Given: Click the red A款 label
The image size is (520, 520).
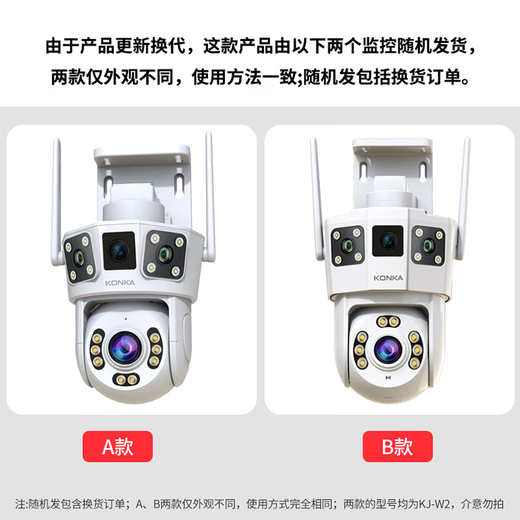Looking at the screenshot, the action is (x=117, y=446).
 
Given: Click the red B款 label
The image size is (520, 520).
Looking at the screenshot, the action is (x=398, y=446).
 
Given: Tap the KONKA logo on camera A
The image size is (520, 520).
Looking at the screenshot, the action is (x=120, y=283).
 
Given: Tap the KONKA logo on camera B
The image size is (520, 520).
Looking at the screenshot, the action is (x=388, y=278).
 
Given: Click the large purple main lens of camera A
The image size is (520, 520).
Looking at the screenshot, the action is (x=125, y=348).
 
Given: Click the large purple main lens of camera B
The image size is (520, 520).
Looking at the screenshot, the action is (x=388, y=350).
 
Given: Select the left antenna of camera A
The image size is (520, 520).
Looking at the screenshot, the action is (x=57, y=202).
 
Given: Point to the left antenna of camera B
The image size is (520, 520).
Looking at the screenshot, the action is (x=317, y=198).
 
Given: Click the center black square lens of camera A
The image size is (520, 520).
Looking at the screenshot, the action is (x=119, y=251).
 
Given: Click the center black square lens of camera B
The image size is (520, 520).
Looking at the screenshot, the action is (x=388, y=241).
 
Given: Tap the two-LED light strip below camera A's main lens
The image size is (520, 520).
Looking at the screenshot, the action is (x=126, y=379).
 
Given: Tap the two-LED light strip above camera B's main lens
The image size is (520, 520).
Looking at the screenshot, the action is (x=388, y=321).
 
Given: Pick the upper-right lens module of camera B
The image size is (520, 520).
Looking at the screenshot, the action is (x=429, y=246).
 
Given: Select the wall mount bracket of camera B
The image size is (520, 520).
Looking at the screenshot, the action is (x=393, y=172).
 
